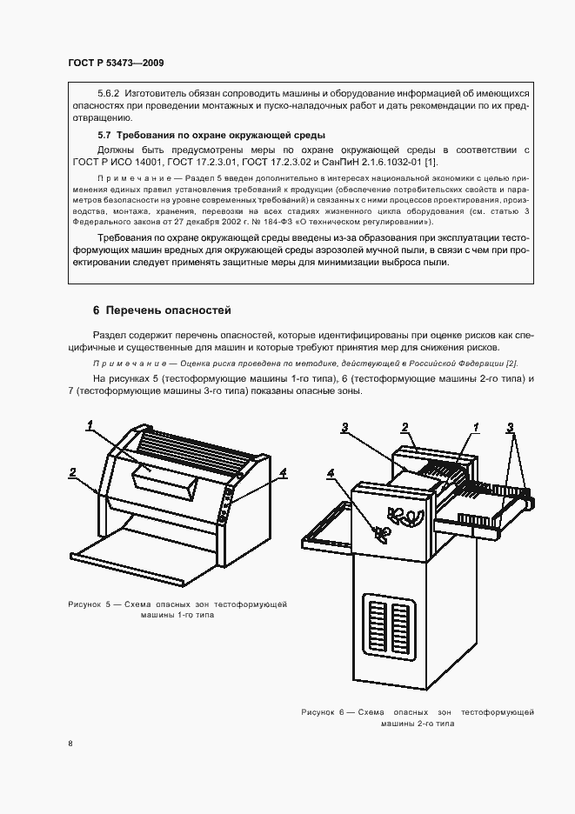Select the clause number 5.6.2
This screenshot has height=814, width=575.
tap(110, 92)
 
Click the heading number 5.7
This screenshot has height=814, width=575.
tap(104, 135)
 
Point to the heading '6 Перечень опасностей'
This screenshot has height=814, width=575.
tap(162, 310)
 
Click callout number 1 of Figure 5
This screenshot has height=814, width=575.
tap(89, 425)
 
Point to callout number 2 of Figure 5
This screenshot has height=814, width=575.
tap(73, 472)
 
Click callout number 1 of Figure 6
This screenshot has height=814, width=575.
tap(476, 426)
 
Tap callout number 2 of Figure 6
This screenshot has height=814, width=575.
tap(405, 426)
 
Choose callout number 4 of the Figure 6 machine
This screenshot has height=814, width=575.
tap(331, 473)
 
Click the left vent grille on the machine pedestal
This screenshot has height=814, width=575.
tap(377, 630)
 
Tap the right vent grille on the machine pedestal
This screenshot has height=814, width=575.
tap(401, 630)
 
